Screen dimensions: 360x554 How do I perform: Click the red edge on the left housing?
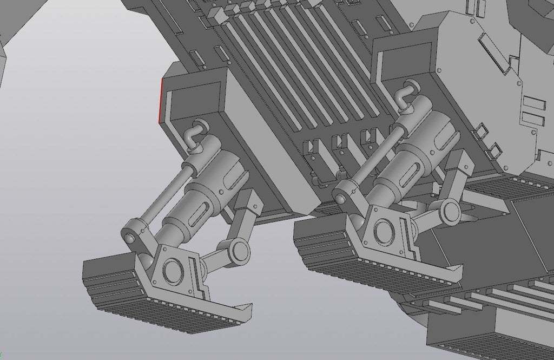click(x=161, y=100)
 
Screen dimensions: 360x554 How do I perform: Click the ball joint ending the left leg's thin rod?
click(x=130, y=237)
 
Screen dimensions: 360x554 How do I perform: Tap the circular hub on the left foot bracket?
click(x=173, y=268)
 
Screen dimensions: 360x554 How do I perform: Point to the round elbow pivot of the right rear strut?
click(x=449, y=211)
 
